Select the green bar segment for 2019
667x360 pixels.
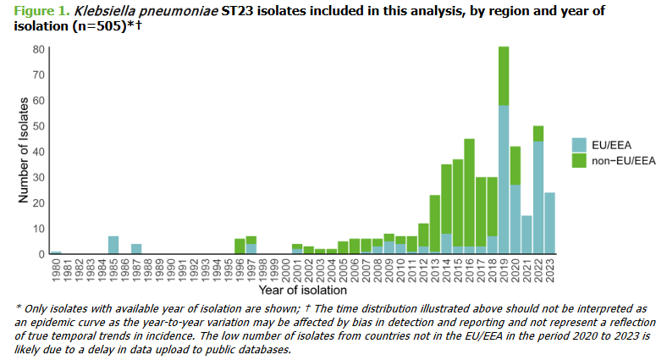coord(504,76)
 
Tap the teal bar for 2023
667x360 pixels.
coord(549,223)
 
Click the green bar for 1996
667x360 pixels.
coord(240,246)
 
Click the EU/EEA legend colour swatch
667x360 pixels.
coord(580,144)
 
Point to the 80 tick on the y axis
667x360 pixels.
coord(39,49)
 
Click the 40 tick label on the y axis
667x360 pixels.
coord(39,152)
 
